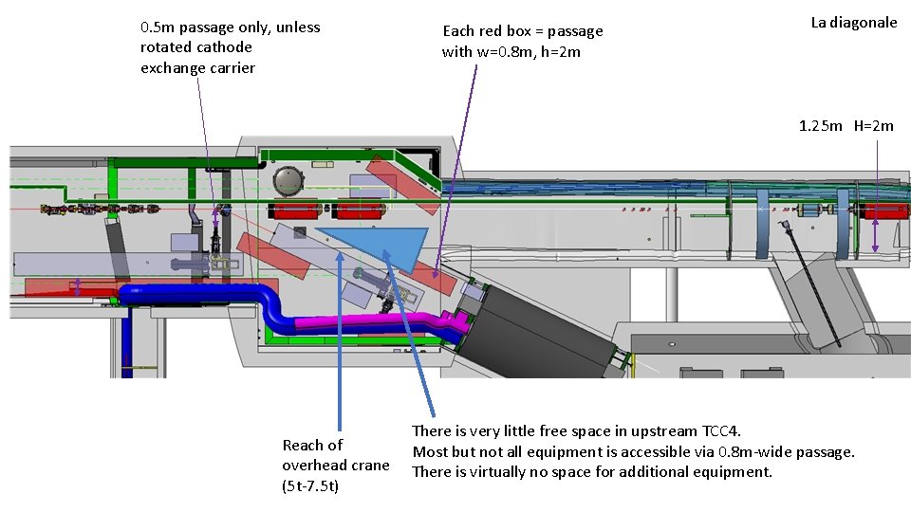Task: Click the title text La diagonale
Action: pos(853,23)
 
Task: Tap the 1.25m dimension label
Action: pos(820,126)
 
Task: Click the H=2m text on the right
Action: pos(873,126)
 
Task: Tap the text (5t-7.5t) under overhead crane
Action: pos(310,486)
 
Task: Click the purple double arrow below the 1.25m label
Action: pos(875,235)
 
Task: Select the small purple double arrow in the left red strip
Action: pos(78,287)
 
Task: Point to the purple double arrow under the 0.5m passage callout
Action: pos(216,220)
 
